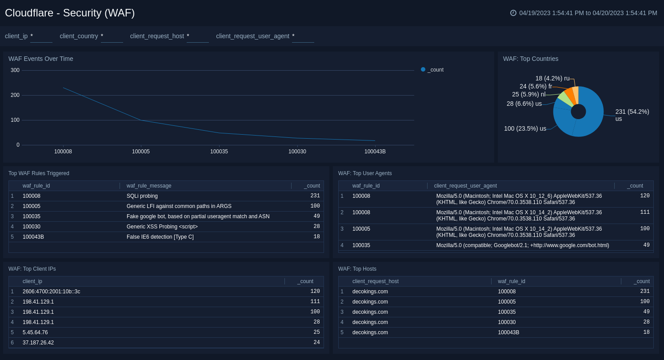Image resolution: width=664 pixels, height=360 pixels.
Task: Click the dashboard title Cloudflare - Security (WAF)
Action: point(70,13)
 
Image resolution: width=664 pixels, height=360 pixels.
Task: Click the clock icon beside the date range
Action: point(513,13)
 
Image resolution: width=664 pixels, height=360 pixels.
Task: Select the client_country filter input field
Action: point(112,36)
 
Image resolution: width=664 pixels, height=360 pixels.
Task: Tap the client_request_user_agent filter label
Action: point(252,36)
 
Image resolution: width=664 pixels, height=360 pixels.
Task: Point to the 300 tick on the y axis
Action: point(15,70)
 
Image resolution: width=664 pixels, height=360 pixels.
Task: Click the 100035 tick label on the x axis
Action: point(219,152)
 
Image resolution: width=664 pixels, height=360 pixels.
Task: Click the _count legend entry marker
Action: point(423,69)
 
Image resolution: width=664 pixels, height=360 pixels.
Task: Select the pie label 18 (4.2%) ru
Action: point(552,78)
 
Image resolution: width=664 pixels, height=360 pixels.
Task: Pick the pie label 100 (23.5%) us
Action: point(525,128)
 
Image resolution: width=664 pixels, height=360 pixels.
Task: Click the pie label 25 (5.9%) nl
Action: point(528,94)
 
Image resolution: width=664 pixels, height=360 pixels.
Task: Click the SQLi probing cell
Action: point(142,196)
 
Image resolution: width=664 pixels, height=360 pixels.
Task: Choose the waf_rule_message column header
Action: point(149,186)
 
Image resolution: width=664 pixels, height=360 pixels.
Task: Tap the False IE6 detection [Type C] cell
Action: point(160,237)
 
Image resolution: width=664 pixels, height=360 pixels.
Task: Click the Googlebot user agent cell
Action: point(523,245)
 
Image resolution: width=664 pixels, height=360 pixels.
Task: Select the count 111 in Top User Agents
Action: point(644,212)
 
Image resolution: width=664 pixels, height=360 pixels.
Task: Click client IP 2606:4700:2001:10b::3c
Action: point(52,292)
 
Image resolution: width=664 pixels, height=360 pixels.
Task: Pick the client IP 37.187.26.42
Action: point(38,343)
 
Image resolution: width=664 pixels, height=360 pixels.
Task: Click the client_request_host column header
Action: point(376,281)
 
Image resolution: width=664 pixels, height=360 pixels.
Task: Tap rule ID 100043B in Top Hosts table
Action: point(508,332)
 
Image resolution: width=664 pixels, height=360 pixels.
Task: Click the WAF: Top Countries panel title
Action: point(531,59)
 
